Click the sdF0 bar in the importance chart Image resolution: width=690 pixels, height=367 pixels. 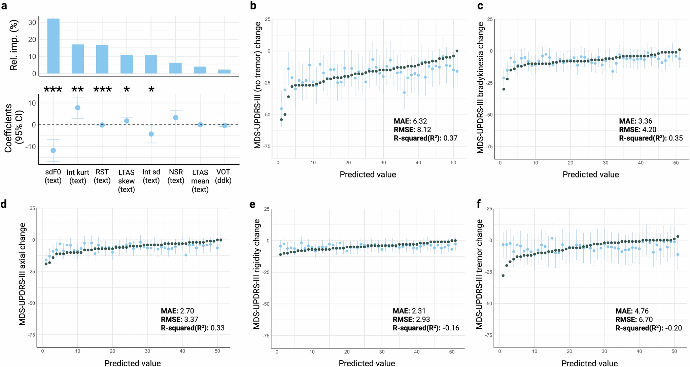pyautogui.click(x=53, y=46)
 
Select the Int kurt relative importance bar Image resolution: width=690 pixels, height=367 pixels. pyautogui.click(x=78, y=59)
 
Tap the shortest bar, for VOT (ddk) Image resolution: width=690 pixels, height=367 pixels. pyautogui.click(x=224, y=71)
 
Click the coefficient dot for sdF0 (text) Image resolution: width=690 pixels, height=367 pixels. pyautogui.click(x=53, y=150)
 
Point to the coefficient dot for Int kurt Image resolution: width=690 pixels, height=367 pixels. pyautogui.click(x=78, y=108)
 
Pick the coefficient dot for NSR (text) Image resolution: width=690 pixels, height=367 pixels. pyautogui.click(x=176, y=118)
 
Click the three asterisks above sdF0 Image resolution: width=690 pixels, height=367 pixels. pyautogui.click(x=53, y=90)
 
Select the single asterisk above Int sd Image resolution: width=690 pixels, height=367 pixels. pyautogui.click(x=151, y=90)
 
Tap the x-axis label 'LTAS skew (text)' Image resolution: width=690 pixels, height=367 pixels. pyautogui.click(x=127, y=181)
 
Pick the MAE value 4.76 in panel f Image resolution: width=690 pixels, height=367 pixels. pyautogui.click(x=641, y=311)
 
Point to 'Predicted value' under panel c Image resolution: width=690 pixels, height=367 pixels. pyautogui.click(x=591, y=174)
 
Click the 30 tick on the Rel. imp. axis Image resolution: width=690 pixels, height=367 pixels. pyautogui.click(x=32, y=23)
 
